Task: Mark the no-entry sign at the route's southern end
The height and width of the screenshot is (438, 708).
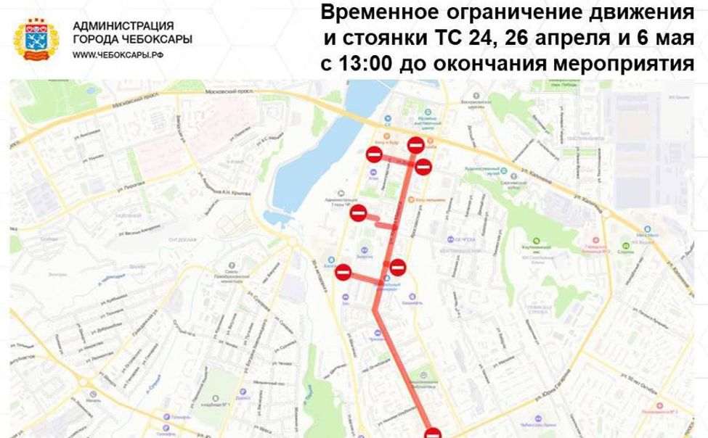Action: tap(433, 432)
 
